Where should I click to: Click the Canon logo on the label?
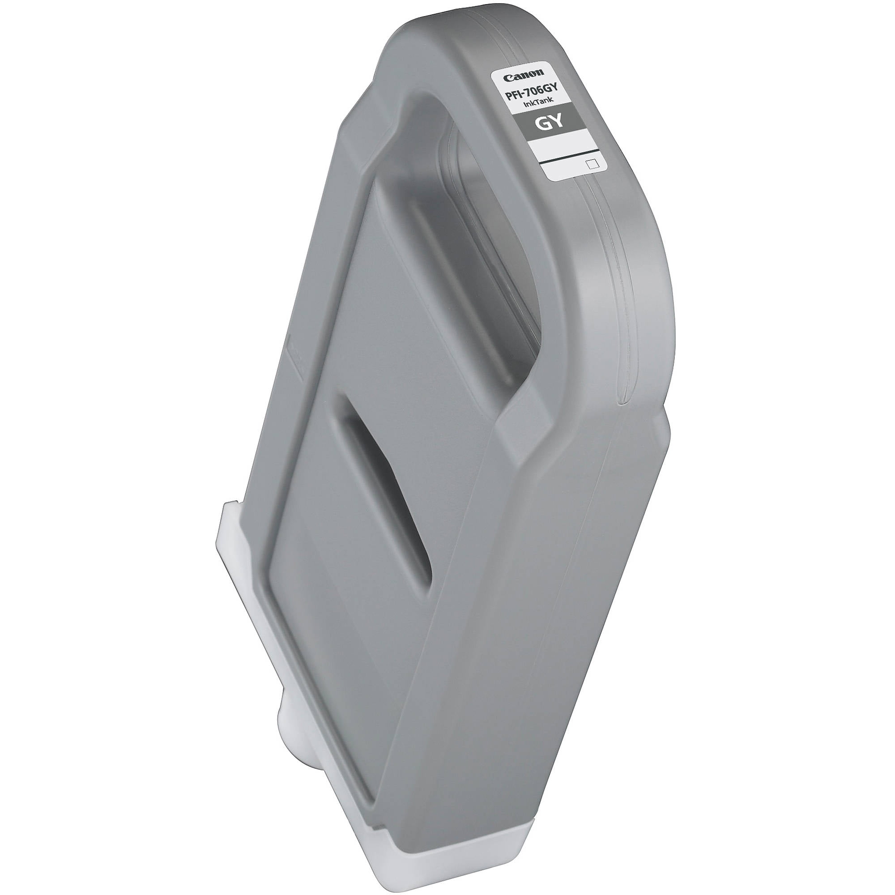tap(524, 76)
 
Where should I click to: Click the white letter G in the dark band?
tap(543, 122)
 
